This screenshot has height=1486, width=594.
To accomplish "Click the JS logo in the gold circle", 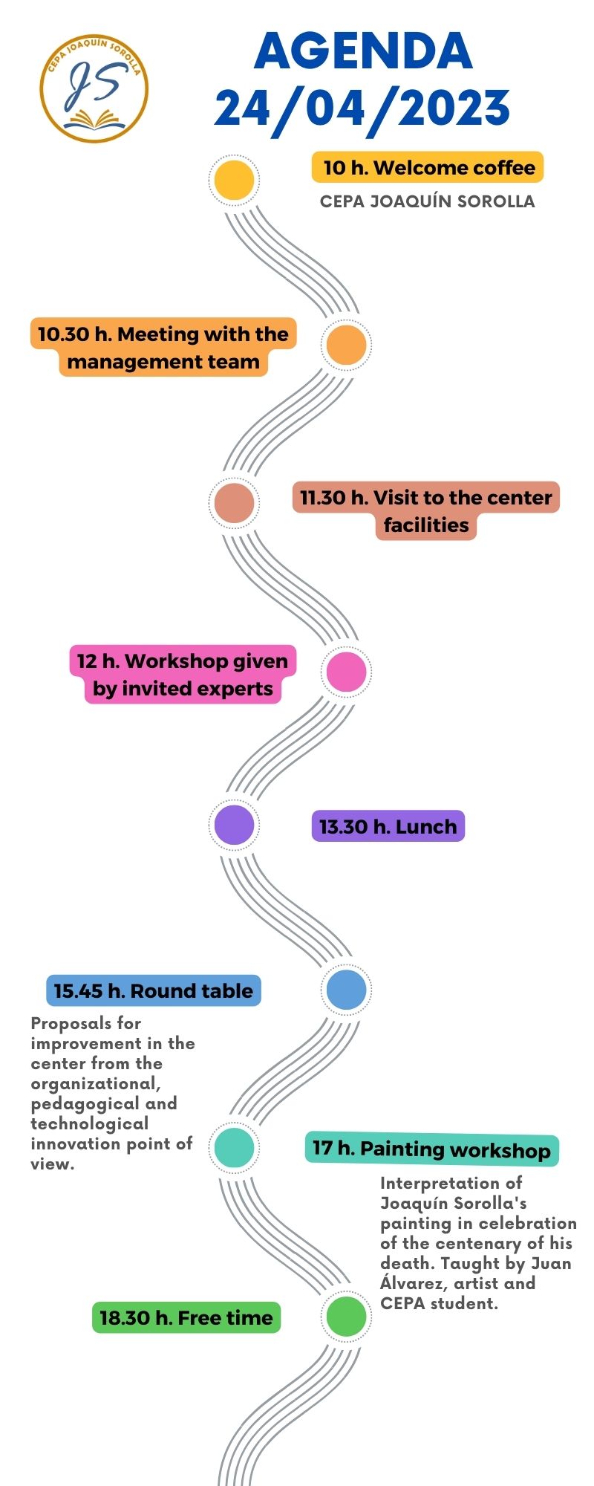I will pos(94,88).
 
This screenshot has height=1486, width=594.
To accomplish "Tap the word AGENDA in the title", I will pos(363,51).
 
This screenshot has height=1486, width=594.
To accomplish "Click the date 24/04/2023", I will pos(362,108).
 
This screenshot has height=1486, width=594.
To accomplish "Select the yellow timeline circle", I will pos(234,180).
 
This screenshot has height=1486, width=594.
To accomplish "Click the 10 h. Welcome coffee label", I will pos(428,168).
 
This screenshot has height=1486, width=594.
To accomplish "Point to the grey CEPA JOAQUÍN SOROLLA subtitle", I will pos(427,201).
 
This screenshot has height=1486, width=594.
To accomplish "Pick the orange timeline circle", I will pos(346,345).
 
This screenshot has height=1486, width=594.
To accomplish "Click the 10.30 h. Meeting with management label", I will pos(163,348).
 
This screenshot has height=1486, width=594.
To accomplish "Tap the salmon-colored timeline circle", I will pos(234,503).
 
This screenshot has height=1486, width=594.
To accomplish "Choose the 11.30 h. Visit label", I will pos(426,510).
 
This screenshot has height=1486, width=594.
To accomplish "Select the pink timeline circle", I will pos(346,672).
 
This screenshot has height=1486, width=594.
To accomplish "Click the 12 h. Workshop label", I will pos(183,675).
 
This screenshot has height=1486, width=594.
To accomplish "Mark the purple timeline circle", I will pos(234,825).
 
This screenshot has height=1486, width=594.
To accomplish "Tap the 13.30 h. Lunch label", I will pos(388,826).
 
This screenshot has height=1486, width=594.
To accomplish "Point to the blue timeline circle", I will pos(346,990).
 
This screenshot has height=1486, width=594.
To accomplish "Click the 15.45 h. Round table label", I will pos(154,990).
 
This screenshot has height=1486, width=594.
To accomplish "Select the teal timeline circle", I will pos(234,1147).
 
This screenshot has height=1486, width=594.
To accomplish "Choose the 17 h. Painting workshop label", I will pos(431,1149).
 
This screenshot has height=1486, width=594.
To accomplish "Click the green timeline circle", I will pos(346,1317).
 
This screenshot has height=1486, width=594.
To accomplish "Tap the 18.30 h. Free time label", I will pos(186,1317).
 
